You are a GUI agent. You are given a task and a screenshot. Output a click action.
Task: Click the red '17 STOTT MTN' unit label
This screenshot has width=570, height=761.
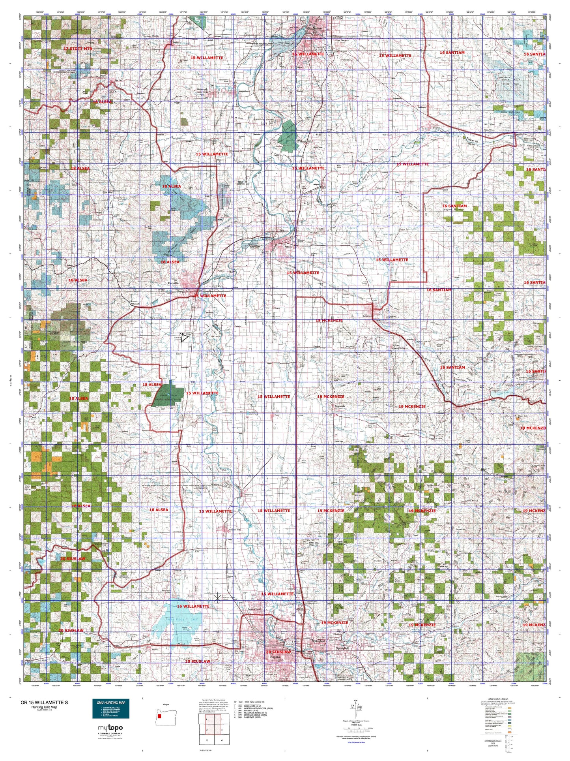coord(77,49)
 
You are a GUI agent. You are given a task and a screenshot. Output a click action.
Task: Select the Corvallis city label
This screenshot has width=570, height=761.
coord(173,283)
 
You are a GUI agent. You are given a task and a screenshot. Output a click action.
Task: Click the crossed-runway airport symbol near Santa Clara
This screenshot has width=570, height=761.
coord(217,598)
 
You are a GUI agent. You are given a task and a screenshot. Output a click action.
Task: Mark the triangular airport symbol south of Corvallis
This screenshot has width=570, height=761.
coord(185,338)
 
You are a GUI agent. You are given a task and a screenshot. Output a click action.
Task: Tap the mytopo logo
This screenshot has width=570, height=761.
coord(110,728)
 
